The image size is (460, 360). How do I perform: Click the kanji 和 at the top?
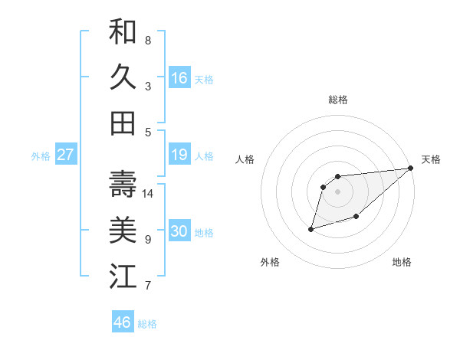(123, 32)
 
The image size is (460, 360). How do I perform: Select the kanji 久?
(123, 77)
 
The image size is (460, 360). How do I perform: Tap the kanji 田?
(123, 123)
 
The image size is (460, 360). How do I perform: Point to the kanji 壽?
(123, 185)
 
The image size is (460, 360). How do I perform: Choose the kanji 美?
(123, 231)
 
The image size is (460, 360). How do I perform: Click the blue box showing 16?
(179, 78)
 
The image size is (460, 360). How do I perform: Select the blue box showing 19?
(179, 155)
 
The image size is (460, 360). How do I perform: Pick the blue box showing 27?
(65, 155)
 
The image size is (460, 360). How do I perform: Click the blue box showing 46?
(123, 322)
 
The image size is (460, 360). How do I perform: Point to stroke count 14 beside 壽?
(149, 194)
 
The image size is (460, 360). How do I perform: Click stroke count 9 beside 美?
(147, 240)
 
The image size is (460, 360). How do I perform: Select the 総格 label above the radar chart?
(337, 100)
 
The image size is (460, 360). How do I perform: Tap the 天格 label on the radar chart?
(431, 159)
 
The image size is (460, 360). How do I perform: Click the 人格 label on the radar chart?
(245, 159)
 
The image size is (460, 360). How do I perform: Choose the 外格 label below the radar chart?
(270, 262)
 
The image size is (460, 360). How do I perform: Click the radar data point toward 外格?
(311, 228)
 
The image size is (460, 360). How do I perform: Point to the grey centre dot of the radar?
(337, 191)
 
